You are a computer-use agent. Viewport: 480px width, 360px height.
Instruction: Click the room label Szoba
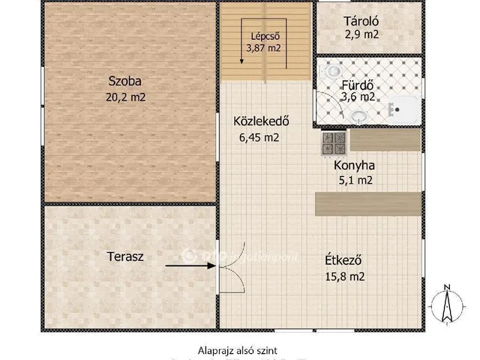124,81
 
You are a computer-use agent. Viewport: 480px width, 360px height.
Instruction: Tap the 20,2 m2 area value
124,96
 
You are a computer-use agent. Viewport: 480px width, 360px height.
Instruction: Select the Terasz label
125,256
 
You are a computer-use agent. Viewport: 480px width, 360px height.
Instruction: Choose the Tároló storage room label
361,21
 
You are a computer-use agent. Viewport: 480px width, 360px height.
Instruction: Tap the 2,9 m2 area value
361,34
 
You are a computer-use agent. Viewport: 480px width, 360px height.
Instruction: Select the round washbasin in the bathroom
359,116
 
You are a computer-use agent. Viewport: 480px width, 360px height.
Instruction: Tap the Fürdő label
358,84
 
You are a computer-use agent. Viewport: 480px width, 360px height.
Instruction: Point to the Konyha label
354,166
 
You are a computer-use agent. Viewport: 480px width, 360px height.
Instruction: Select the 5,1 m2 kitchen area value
354,180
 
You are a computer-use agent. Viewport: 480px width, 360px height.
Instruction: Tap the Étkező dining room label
344,261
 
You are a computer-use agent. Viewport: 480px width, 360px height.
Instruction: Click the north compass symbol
445,307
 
